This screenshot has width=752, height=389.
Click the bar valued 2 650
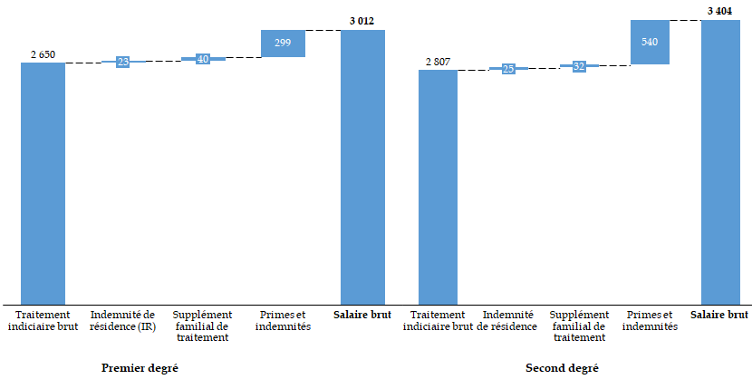[x=43, y=183]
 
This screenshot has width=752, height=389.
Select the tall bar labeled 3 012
[x=362, y=167]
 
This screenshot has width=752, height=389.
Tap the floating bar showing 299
[x=283, y=44]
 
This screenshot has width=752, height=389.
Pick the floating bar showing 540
[x=650, y=42]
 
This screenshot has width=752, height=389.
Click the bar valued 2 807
[x=438, y=187]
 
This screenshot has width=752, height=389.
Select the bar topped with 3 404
[x=720, y=162]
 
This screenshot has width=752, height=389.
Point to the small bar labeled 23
[x=123, y=62]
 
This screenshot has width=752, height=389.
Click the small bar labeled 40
[x=203, y=59]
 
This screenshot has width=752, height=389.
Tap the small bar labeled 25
[x=508, y=69]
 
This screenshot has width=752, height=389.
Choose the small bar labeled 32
[x=579, y=66]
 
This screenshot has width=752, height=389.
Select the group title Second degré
[x=562, y=368]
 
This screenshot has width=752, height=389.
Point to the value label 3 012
[x=362, y=20]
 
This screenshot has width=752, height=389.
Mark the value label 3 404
[x=719, y=10]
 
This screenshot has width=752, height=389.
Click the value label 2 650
[x=43, y=54]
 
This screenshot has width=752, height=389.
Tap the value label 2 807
[x=438, y=62]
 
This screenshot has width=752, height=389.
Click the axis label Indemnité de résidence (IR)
[x=123, y=320]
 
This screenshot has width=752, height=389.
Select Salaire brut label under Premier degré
[x=362, y=315]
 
